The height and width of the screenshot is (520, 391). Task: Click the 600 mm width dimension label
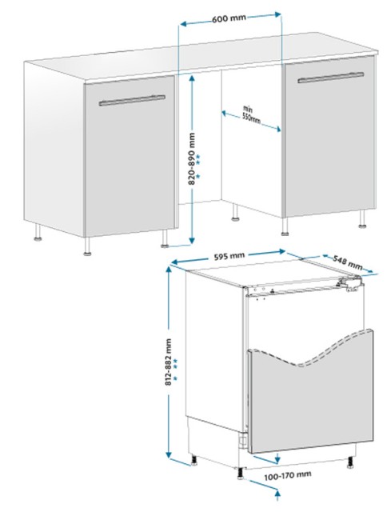tap(229, 18)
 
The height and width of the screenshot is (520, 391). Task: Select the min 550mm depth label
tap(251, 114)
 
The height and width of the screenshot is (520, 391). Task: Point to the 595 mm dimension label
tap(229, 256)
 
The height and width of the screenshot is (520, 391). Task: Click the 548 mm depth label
tap(347, 262)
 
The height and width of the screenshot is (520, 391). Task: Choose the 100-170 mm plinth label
tap(288, 475)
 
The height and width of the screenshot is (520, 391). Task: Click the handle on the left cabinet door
tap(132, 100)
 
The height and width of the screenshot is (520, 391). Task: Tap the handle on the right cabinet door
tap(330, 78)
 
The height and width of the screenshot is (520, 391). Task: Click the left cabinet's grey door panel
tap(130, 156)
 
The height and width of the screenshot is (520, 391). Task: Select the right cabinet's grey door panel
tap(329, 138)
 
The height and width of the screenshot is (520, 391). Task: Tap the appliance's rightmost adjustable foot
tap(349, 462)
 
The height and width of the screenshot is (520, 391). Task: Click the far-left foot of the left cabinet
tap(38, 232)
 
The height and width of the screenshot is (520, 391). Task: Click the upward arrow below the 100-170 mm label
tap(277, 499)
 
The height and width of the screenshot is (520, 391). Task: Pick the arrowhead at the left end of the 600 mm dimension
tap(182, 24)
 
